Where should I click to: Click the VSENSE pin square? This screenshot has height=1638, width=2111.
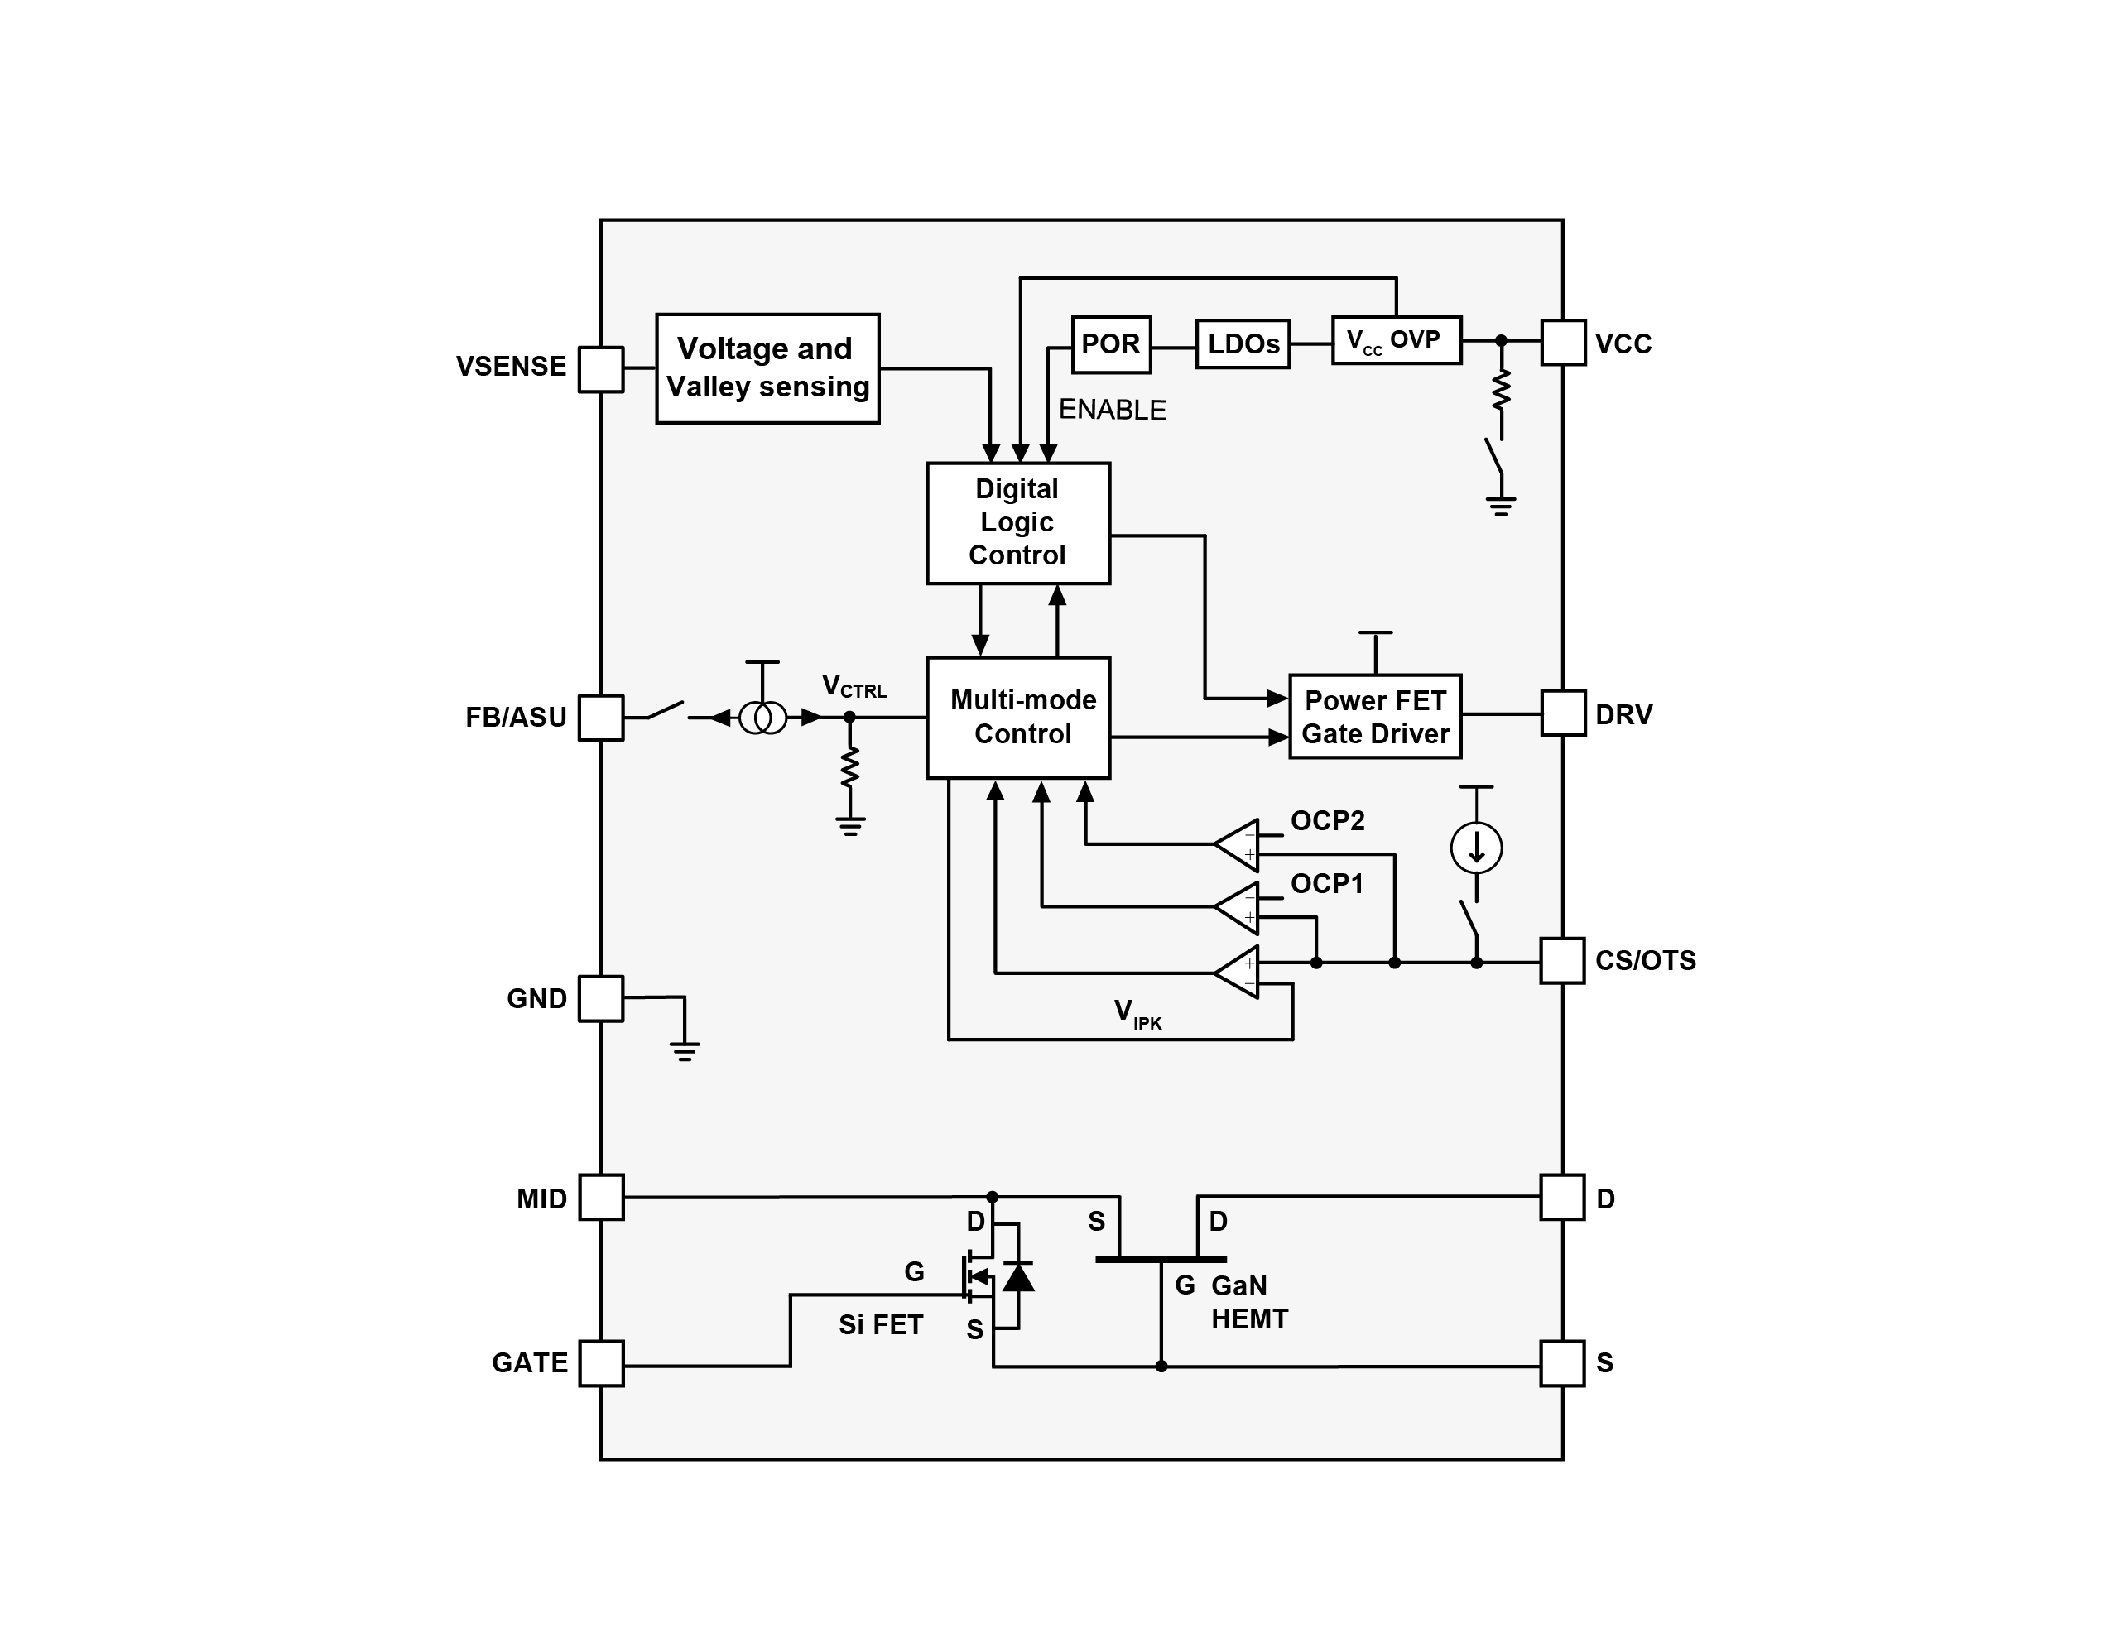[600, 369]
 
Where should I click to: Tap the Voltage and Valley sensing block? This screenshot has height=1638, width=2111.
[767, 368]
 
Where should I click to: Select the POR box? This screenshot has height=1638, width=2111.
[1111, 344]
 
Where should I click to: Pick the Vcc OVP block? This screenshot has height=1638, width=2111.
[1396, 340]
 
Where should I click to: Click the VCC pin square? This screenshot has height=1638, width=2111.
[1563, 343]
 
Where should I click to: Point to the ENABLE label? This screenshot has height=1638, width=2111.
[1112, 410]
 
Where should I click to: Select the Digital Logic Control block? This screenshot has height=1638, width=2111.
[1017, 523]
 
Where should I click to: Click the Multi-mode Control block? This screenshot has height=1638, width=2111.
[1017, 717]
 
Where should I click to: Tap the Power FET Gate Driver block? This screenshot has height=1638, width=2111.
[1374, 716]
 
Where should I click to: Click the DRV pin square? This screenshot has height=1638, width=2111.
[1563, 713]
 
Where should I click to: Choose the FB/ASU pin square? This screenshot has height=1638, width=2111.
[600, 717]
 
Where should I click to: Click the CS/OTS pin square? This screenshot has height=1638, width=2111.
[1562, 961]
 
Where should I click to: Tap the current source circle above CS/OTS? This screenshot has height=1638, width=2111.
[1476, 848]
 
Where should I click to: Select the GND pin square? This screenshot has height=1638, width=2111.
[600, 998]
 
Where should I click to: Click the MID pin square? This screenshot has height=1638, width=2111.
[600, 1198]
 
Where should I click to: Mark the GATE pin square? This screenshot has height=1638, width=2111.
[600, 1363]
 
